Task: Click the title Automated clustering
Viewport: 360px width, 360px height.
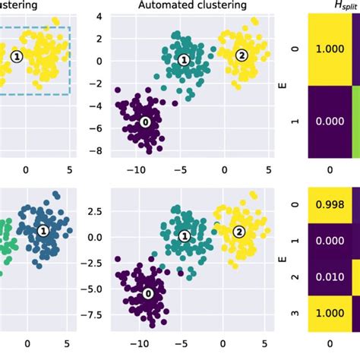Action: tap(192, 5)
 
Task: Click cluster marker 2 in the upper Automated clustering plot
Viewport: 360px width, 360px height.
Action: tap(242, 55)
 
